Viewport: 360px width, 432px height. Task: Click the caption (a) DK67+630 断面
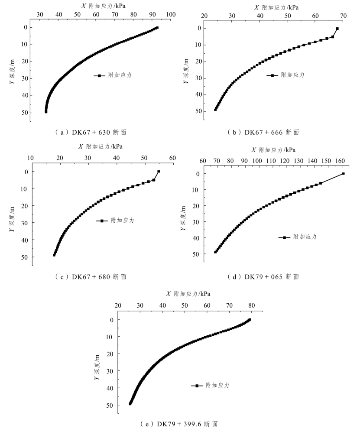[x=91, y=132]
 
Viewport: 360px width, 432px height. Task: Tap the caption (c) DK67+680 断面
[x=91, y=276]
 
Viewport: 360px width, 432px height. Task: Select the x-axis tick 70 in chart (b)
[x=344, y=16]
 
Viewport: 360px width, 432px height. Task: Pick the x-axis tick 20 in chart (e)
[x=118, y=306]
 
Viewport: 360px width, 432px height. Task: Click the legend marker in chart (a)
[x=100, y=75]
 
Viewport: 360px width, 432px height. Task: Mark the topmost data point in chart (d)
[x=343, y=173]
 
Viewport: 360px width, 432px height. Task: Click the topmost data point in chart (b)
[x=337, y=29]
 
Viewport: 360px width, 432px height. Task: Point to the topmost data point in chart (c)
[x=159, y=172]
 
